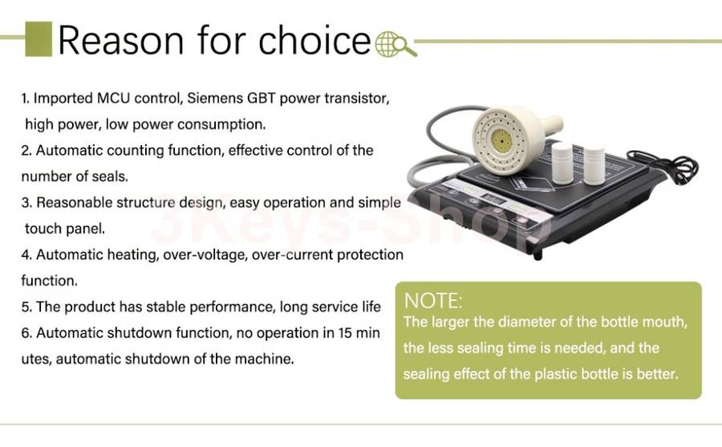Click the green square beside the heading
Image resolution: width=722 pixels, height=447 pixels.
pyautogui.click(x=39, y=39)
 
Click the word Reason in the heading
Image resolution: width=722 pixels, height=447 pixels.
pyautogui.click(x=121, y=41)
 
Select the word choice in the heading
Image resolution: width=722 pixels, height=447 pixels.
pyautogui.click(x=315, y=40)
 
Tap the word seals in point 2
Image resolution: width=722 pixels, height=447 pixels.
pyautogui.click(x=110, y=177)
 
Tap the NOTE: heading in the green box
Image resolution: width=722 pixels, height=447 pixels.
pyautogui.click(x=433, y=301)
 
